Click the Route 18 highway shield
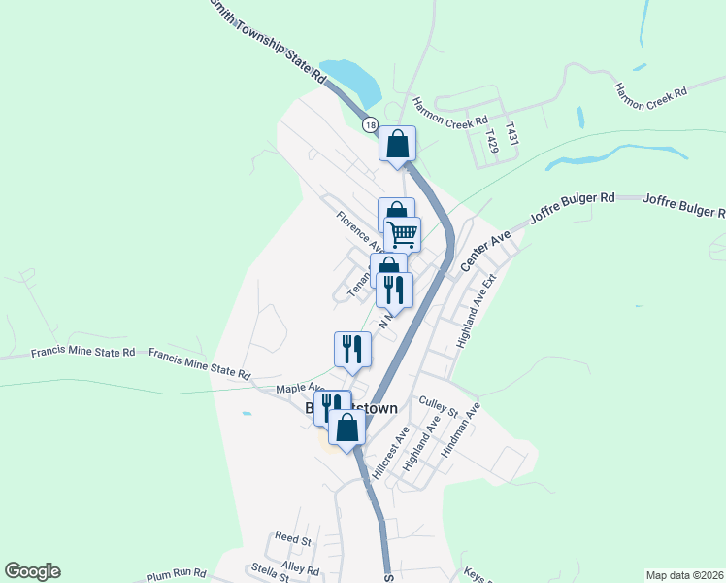(370, 125)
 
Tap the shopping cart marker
(403, 233)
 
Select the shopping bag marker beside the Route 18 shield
(397, 144)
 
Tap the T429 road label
(493, 141)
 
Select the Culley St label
(438, 405)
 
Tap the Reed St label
(292, 537)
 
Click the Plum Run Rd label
(177, 574)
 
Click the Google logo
(32, 571)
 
